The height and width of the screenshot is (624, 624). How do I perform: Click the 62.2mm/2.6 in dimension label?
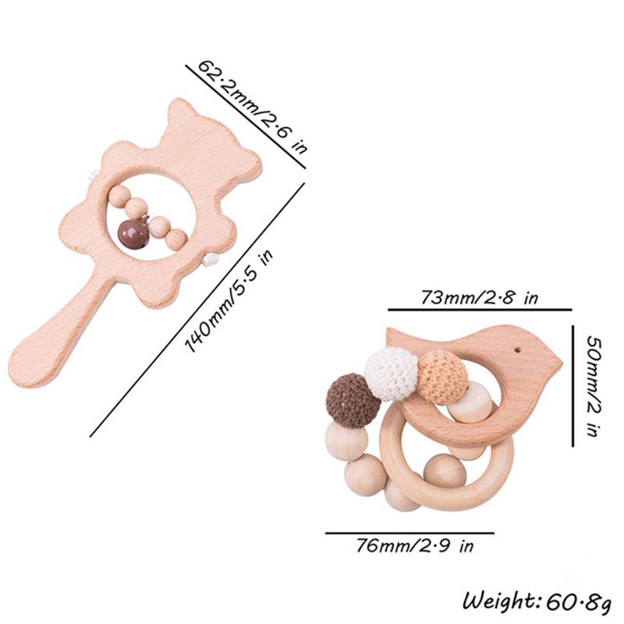click(x=252, y=107)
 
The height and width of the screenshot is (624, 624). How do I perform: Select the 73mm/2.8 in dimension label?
click(x=479, y=297)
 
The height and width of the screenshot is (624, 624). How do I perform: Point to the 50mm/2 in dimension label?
click(x=594, y=386)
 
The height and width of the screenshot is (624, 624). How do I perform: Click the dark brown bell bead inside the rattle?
click(x=133, y=235)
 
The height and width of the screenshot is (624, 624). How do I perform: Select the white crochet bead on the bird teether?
click(x=392, y=368)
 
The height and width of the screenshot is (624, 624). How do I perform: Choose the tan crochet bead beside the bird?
click(x=442, y=378)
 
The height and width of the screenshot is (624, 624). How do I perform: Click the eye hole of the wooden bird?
click(x=518, y=350)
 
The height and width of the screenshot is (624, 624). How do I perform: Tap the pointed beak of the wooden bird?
click(x=561, y=363)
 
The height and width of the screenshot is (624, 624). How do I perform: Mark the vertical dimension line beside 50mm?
click(x=573, y=385)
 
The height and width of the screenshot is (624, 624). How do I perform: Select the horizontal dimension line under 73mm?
click(x=480, y=309)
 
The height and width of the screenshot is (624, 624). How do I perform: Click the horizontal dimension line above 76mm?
click(x=409, y=533)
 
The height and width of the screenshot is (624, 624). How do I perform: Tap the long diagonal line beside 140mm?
click(x=197, y=310)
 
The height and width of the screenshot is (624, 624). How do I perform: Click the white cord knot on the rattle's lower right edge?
click(x=209, y=261)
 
